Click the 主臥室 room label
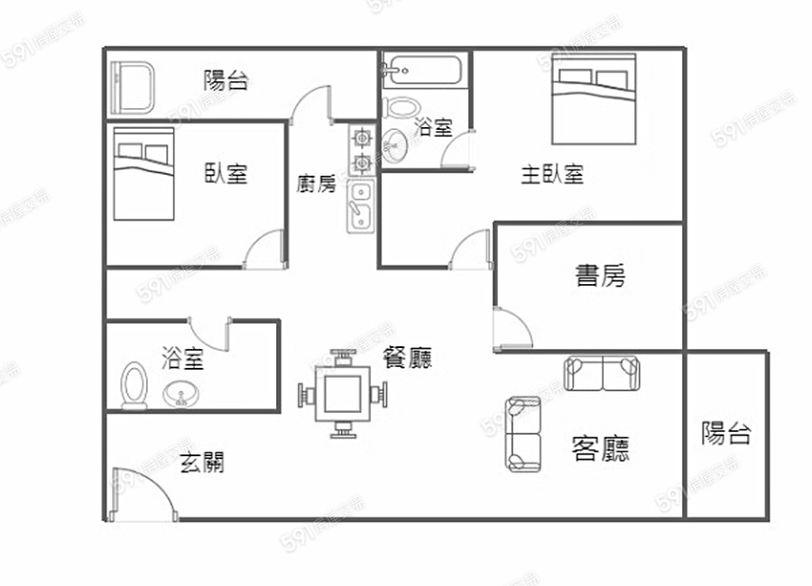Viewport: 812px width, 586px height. click(x=552, y=175)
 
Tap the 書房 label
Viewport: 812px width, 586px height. click(x=601, y=275)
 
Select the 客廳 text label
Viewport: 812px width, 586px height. click(x=601, y=449)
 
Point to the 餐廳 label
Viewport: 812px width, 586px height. click(x=408, y=357)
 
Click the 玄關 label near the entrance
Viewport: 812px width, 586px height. click(x=202, y=462)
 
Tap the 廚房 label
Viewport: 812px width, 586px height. click(x=317, y=184)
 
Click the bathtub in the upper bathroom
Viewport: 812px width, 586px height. click(x=422, y=70)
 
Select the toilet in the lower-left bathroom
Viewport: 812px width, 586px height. click(x=134, y=386)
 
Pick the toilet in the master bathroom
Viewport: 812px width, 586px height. click(x=401, y=107)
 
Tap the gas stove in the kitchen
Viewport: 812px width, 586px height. click(x=362, y=151)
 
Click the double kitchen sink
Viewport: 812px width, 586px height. click(x=360, y=206)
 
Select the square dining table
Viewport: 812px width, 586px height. click(x=343, y=394)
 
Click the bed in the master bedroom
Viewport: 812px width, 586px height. click(x=594, y=99)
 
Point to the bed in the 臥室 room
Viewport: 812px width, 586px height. click(x=143, y=174)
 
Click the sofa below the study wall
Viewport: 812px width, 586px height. click(x=601, y=373)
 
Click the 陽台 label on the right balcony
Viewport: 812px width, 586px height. click(x=726, y=434)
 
